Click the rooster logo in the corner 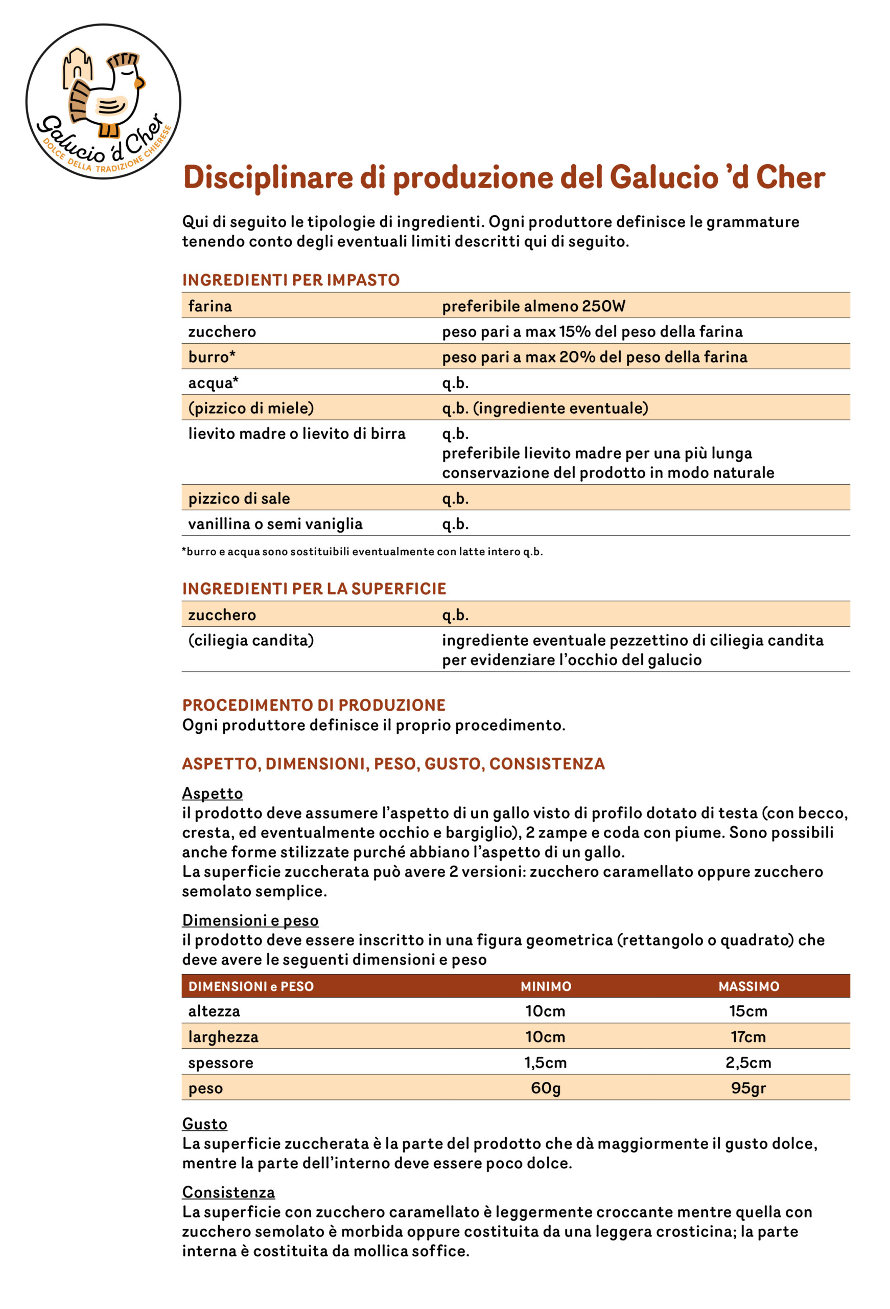[x=103, y=101]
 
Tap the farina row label [x=210, y=306]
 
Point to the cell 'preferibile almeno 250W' [x=533, y=306]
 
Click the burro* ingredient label [x=212, y=356]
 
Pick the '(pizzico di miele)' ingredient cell [x=251, y=408]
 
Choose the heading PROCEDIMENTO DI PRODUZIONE [x=314, y=705]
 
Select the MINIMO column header [x=546, y=986]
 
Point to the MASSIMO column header [x=748, y=986]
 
